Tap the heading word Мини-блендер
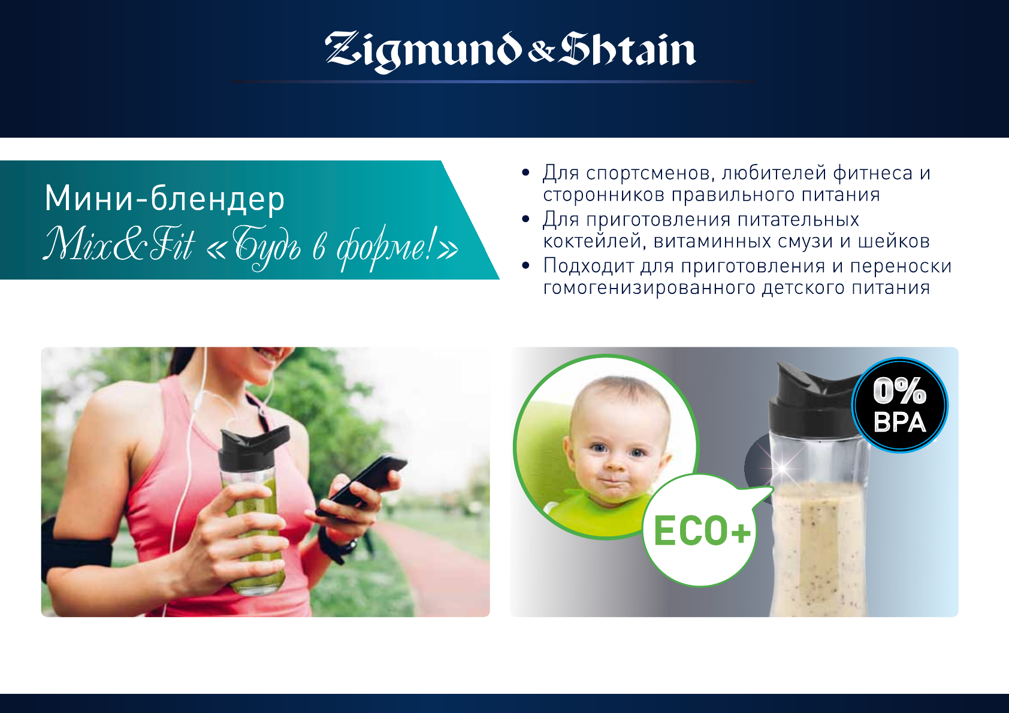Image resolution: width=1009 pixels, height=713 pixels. pos(165,199)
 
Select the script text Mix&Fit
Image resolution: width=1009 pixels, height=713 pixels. pos(119,244)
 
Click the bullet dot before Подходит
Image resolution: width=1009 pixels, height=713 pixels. pos(525,265)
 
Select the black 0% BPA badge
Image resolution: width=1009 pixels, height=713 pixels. pos(899,405)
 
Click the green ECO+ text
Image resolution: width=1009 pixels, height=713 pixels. pos(702,531)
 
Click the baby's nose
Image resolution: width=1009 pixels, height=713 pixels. pos(617,460)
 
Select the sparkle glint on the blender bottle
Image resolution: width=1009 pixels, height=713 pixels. pos(783,468)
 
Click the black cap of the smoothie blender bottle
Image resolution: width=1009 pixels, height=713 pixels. pos(815,402)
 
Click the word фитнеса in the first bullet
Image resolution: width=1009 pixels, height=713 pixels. pos(872,173)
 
